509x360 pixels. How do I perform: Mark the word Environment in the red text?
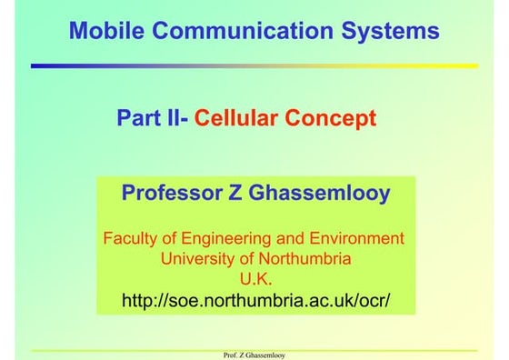[x=357, y=239]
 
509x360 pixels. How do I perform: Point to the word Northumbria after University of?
[x=304, y=259]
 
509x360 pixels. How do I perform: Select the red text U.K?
[x=254, y=279]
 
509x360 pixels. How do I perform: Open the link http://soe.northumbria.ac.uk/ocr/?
[x=255, y=299]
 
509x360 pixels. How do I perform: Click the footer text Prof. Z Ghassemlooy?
[x=254, y=355]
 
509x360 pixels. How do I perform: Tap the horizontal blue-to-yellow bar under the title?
[x=254, y=65]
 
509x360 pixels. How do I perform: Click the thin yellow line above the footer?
[x=254, y=349]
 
